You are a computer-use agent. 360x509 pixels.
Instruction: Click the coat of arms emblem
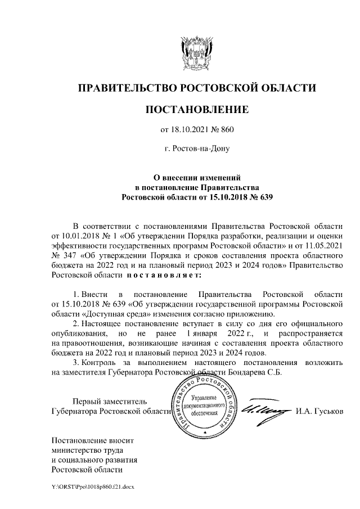pos(196,52)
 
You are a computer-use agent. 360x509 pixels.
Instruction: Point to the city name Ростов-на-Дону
pos(196,149)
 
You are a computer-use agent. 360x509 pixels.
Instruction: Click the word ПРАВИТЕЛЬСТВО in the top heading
pos(127,88)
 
